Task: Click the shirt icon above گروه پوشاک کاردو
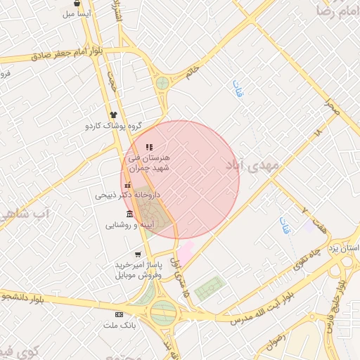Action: tap(112, 114)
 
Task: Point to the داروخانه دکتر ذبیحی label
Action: tap(128, 195)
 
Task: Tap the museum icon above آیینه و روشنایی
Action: tap(130, 214)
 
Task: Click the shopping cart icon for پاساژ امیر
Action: tap(138, 254)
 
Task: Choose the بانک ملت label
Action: tap(119, 326)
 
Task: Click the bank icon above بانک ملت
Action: tap(119, 314)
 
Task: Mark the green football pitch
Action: tap(210, 288)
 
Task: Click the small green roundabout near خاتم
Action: tap(162, 83)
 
